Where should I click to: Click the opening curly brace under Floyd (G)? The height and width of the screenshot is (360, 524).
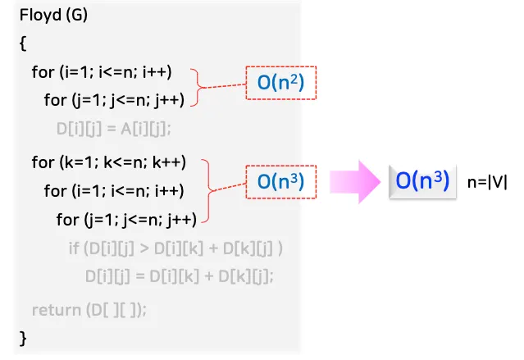pos(22,45)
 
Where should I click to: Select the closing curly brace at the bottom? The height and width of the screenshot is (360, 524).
pos(22,337)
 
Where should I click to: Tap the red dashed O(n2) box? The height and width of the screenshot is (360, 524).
pos(281,84)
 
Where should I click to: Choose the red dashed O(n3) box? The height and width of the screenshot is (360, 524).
pos(281,182)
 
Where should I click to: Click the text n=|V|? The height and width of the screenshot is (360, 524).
pos(487,182)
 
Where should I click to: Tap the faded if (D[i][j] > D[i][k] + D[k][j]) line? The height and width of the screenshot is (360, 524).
pos(176,248)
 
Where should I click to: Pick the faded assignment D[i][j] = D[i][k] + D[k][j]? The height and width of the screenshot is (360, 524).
pos(179,276)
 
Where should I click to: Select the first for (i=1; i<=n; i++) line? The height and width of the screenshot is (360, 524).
pos(102,72)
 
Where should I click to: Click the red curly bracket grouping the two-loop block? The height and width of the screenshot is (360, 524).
pos(197,86)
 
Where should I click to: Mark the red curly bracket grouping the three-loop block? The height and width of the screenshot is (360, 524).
pos(210,190)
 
